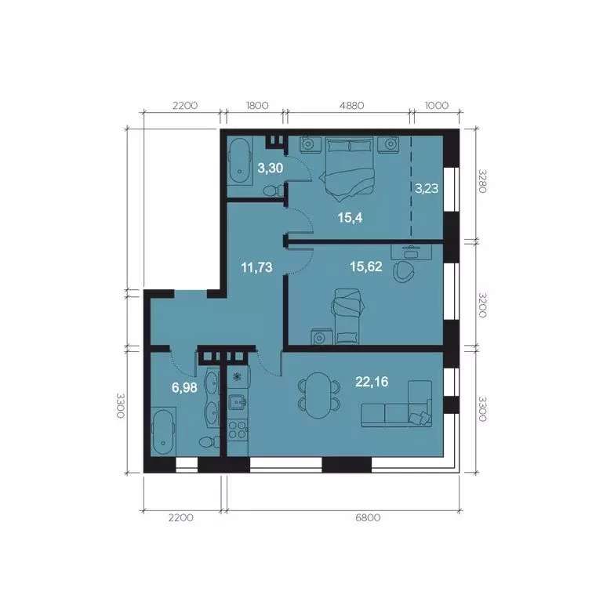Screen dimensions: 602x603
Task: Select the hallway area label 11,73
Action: tap(256, 267)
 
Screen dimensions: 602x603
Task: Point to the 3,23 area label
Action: tap(427, 188)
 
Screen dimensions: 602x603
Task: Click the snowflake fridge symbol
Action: tap(238, 375)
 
